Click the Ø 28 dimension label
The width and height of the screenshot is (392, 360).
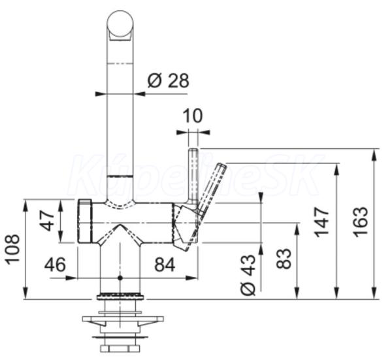(169, 80)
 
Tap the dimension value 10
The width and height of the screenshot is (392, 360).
(193, 116)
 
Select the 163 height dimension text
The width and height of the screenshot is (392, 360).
(361, 221)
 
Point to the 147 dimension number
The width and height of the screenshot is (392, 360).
(321, 222)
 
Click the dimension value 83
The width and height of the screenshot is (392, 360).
(284, 258)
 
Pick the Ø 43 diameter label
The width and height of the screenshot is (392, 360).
(248, 275)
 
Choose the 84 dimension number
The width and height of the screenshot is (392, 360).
(165, 265)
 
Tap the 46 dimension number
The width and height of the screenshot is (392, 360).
(55, 264)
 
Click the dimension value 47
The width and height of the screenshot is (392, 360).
(47, 221)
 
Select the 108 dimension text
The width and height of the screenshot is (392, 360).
(12, 250)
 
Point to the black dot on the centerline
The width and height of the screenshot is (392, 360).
(120, 278)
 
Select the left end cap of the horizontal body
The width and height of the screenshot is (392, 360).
(86, 221)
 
